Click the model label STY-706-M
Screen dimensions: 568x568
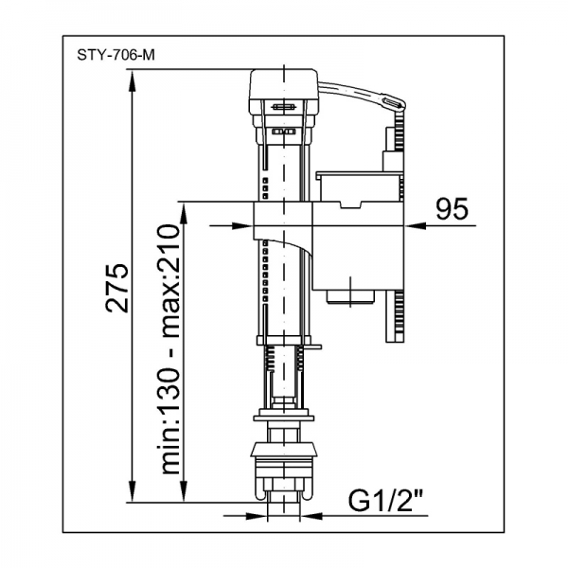click(115, 55)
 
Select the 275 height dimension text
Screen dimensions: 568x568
click(116, 288)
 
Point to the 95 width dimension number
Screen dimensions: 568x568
click(452, 209)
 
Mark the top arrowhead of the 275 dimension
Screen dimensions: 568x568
click(133, 80)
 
